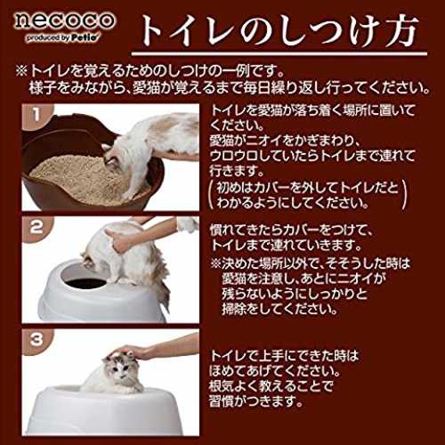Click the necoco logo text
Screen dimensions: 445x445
click(x=64, y=20)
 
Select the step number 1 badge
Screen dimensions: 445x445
click(x=36, y=115)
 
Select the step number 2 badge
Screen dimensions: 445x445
click(x=36, y=228)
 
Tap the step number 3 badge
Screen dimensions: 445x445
click(x=36, y=340)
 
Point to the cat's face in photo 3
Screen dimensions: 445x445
click(x=118, y=369)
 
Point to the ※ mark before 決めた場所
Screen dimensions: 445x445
click(x=215, y=263)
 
